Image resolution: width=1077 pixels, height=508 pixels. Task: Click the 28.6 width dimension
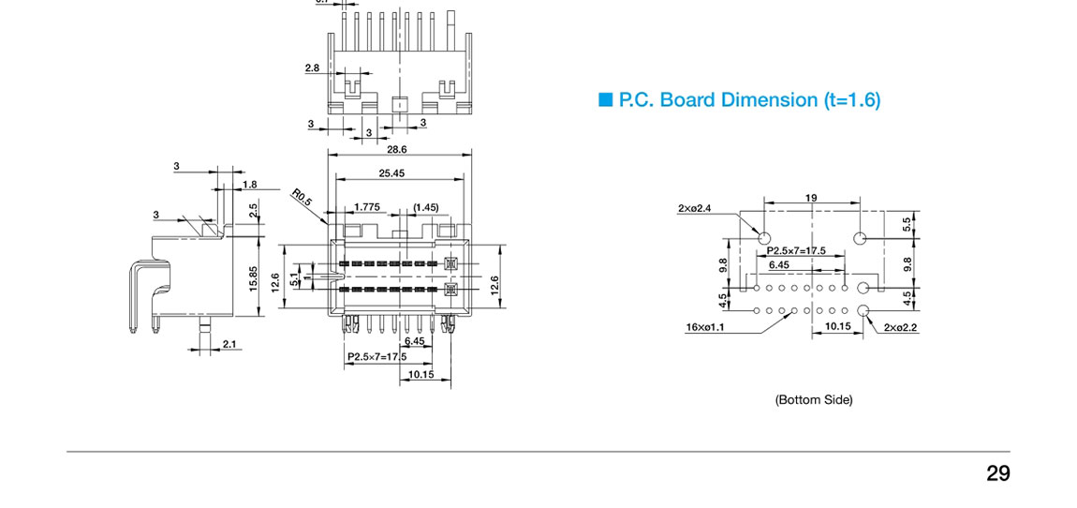[x=397, y=149]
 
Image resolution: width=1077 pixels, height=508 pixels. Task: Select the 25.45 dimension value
[x=391, y=173]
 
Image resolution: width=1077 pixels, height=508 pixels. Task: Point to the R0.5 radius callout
[x=302, y=199]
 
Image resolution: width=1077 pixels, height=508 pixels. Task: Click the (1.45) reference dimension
[x=425, y=207]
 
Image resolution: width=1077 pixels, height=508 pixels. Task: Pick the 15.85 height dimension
[x=253, y=278]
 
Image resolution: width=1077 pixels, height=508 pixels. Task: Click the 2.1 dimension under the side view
[x=229, y=345]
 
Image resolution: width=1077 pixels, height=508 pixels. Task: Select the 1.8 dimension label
[x=249, y=185]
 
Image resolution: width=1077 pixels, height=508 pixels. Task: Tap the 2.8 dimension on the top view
[x=312, y=67]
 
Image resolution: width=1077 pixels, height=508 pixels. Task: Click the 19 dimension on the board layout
[x=811, y=198]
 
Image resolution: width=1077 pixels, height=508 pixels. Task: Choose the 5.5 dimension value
[x=907, y=225]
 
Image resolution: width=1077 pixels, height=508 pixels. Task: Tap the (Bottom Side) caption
[x=813, y=400]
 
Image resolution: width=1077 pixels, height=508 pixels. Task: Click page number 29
[x=997, y=473]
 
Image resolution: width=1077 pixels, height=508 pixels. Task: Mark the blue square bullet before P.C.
[x=605, y=99]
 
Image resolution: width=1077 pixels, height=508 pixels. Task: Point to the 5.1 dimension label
[x=295, y=278]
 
